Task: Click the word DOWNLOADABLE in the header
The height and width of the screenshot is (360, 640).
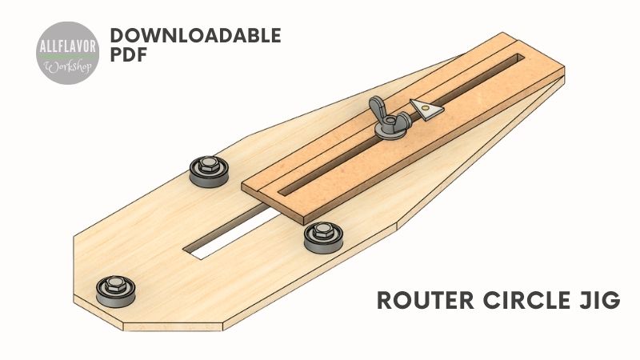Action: tap(195, 35)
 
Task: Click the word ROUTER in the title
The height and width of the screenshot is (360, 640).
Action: tap(424, 302)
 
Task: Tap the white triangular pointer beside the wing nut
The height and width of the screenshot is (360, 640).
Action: tap(425, 107)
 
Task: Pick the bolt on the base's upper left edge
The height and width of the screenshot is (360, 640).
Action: tap(206, 170)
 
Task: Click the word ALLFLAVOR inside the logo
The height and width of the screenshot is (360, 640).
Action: tap(68, 46)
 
